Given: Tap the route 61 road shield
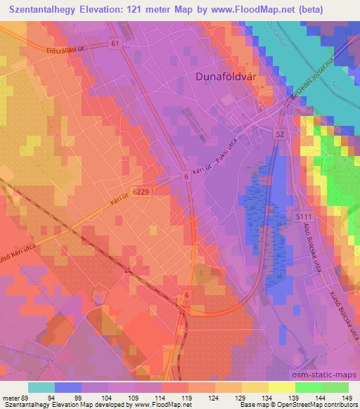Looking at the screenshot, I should coord(115,44).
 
